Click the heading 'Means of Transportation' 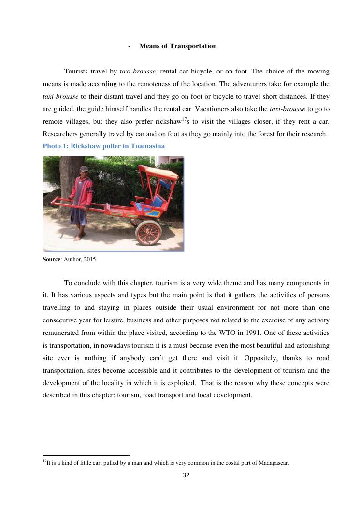point(178,46)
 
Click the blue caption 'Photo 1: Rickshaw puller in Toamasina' point(103,146)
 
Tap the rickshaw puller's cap point(84,169)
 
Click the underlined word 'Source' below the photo point(51,260)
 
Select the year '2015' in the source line point(89,260)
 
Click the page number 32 point(186,475)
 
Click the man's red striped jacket point(82,191)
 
